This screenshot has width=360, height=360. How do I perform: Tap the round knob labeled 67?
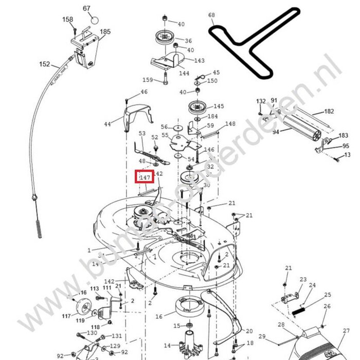point(94,20)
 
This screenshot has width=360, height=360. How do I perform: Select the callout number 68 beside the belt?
point(211,15)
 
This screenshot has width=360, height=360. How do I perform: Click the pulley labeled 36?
point(166,39)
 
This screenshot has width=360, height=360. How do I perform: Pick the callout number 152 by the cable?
point(45,64)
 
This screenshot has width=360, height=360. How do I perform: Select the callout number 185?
point(105,32)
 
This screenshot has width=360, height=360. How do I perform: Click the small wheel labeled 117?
point(81,311)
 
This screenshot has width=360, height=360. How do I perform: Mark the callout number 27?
point(346,331)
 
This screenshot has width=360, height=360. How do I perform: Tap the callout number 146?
point(209,150)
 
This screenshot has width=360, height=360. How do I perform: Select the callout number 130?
point(92,333)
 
